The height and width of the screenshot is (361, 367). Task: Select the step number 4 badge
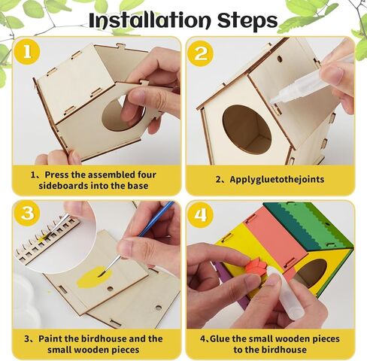pos(201,214)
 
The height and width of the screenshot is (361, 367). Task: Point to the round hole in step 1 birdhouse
pos(120,113)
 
